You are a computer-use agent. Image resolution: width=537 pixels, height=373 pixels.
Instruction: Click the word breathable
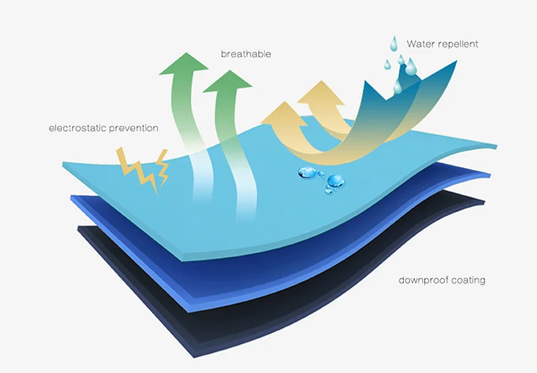pyautogui.click(x=245, y=54)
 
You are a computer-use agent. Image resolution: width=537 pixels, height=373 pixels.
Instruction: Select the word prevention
pyautogui.click(x=135, y=128)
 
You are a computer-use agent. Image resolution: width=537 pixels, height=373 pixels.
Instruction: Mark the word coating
pyautogui.click(x=468, y=280)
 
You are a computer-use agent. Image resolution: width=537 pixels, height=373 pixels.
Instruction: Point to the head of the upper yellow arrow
pyautogui.click(x=319, y=93)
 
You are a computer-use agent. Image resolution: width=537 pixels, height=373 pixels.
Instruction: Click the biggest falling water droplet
pyautogui.click(x=411, y=66)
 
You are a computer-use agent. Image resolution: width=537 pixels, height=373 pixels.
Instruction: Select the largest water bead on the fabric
pyautogui.click(x=335, y=181)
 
